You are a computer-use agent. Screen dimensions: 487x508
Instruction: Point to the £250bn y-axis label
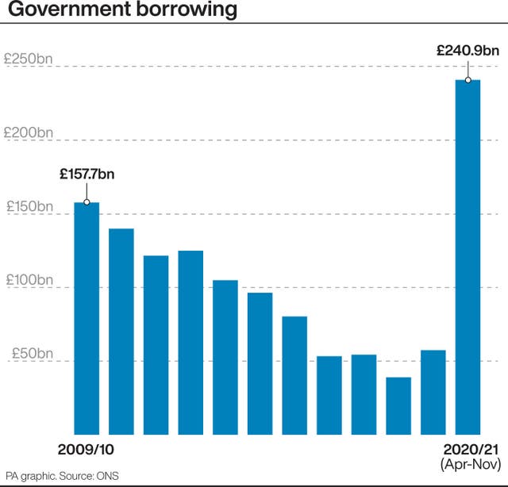(29, 59)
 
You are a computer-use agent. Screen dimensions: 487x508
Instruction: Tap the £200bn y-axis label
(29, 132)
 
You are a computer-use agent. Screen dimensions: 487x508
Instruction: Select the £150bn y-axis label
(29, 206)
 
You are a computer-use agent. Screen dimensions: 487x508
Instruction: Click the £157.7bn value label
(87, 174)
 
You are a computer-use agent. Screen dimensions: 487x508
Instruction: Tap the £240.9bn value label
(468, 51)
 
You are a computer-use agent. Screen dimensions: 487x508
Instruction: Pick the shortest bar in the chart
(398, 405)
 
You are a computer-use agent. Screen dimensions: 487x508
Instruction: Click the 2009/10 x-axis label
(86, 450)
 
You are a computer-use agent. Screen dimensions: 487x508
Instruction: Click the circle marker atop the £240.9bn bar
(468, 80)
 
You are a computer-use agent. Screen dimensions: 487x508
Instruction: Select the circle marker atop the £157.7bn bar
(87, 202)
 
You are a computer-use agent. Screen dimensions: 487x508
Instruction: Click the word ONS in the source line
(107, 476)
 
